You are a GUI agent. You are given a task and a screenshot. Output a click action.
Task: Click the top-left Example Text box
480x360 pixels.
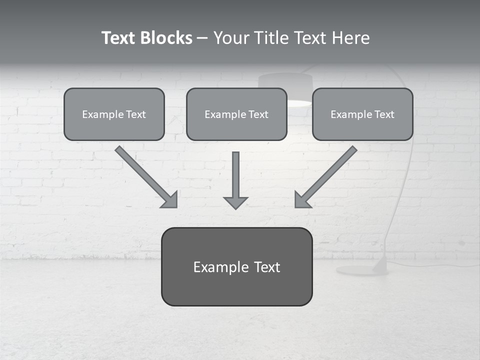114,114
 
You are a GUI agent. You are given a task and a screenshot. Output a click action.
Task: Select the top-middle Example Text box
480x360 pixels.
236,114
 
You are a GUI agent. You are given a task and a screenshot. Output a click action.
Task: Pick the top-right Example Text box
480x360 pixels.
362,114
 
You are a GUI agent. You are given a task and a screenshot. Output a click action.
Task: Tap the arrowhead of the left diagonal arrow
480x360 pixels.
170,200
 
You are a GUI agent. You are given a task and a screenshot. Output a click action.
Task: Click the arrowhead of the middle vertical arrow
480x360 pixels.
235,202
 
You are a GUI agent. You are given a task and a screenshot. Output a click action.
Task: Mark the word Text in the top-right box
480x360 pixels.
384,114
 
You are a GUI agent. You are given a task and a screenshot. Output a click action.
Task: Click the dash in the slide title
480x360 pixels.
202,38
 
